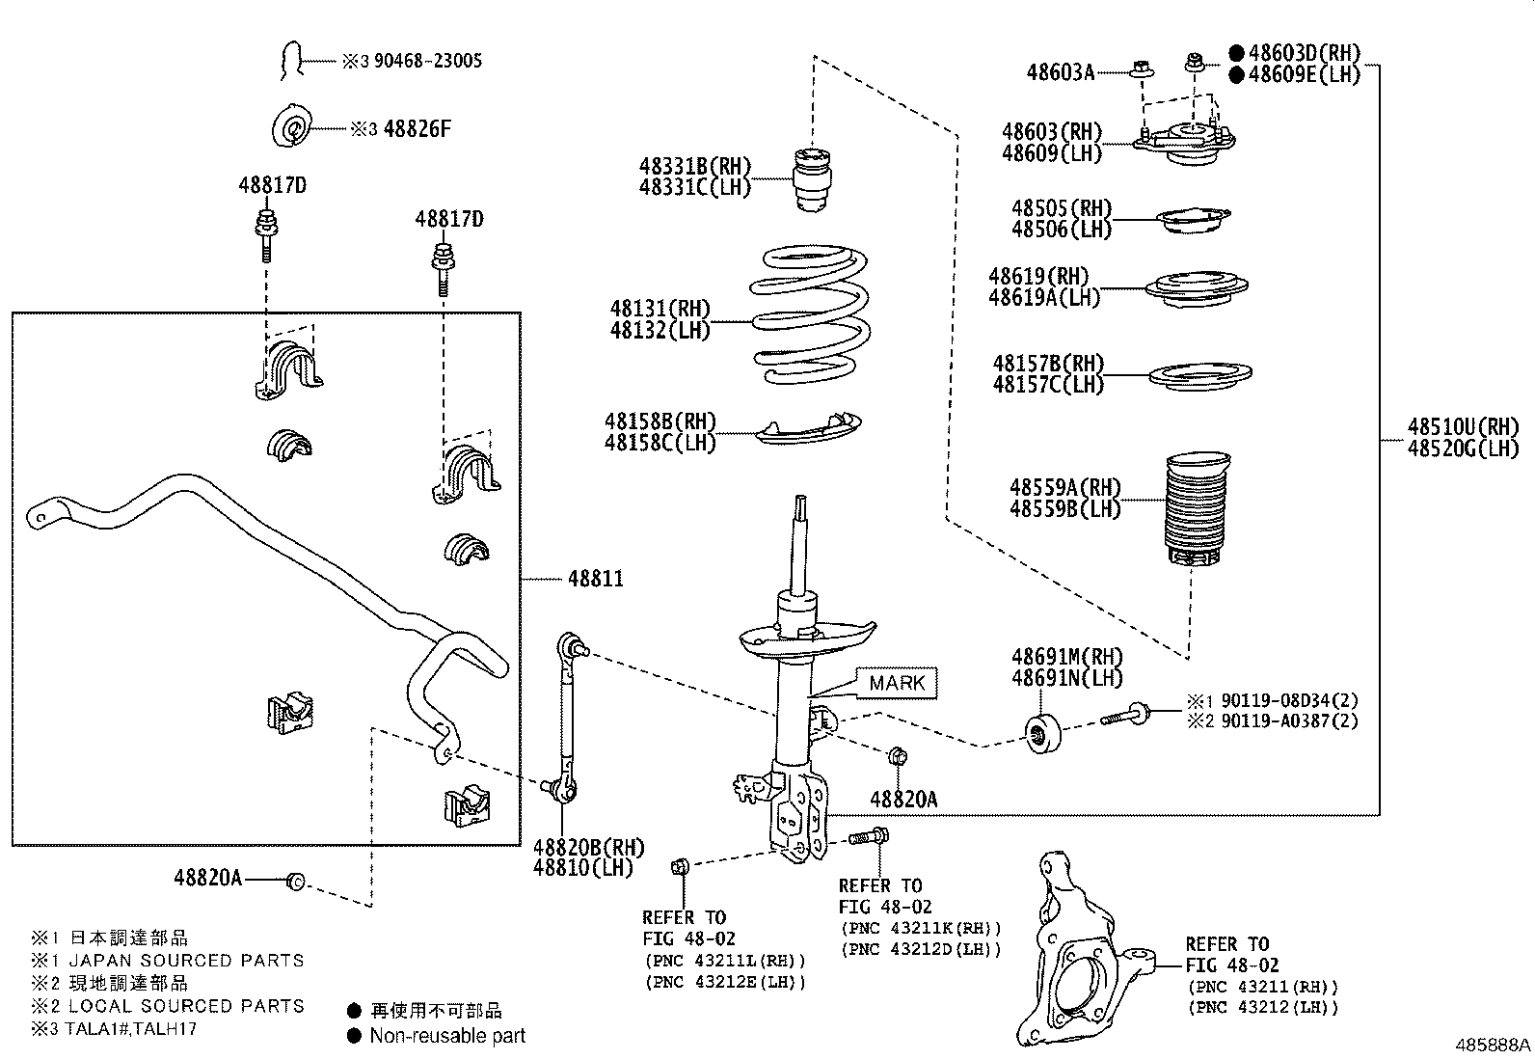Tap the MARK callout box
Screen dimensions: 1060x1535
(x=897, y=683)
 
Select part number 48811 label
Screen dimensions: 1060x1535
(x=595, y=579)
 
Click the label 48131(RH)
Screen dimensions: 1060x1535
(x=660, y=310)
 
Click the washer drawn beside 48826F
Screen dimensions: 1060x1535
(x=293, y=127)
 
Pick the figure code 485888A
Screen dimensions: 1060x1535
(x=1493, y=1045)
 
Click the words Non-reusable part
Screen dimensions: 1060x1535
(x=447, y=1036)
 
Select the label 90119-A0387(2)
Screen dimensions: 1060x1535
(x=1289, y=720)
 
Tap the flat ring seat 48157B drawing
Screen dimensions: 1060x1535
(x=1199, y=375)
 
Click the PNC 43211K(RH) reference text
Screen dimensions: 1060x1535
(x=921, y=928)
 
